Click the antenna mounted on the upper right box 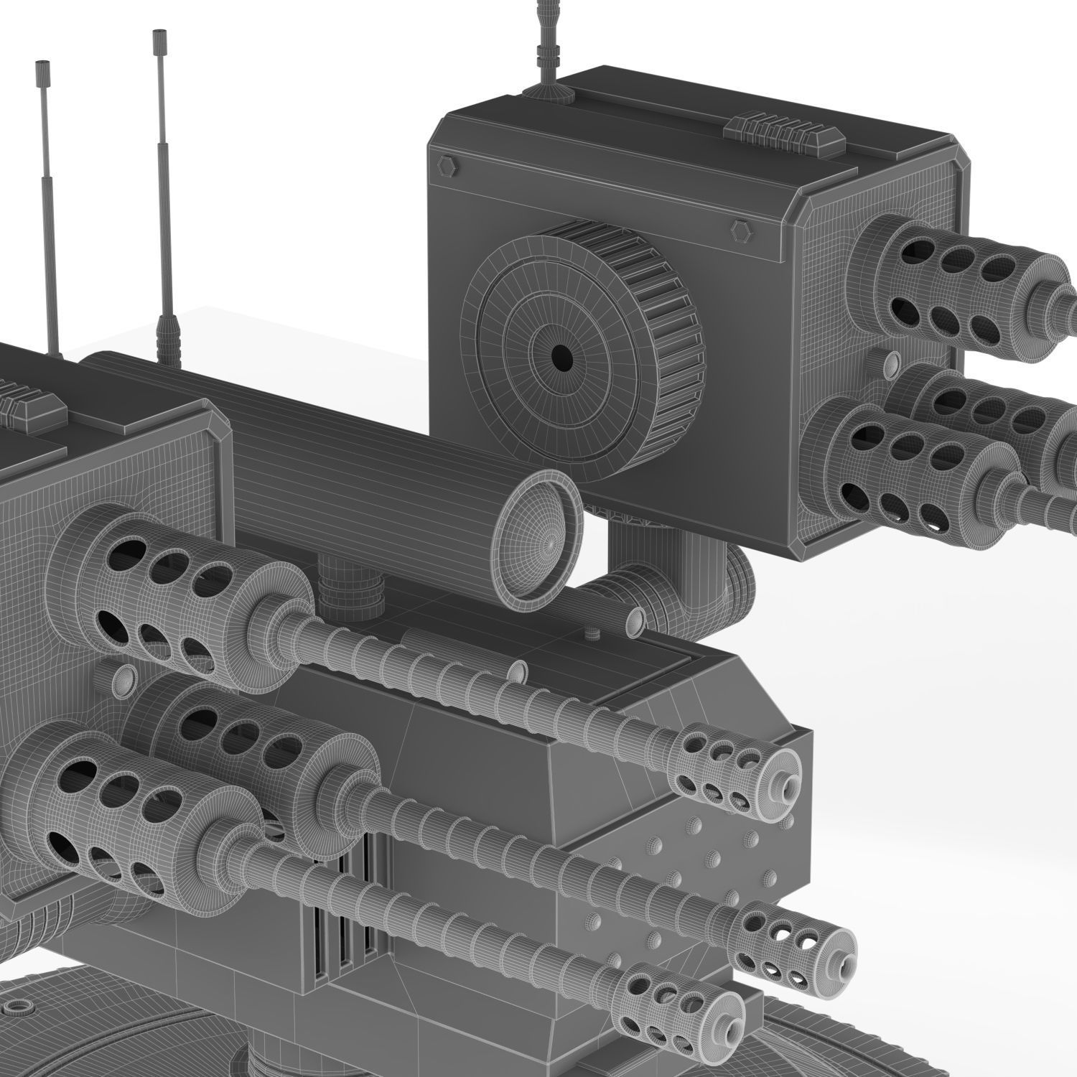click(548, 43)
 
